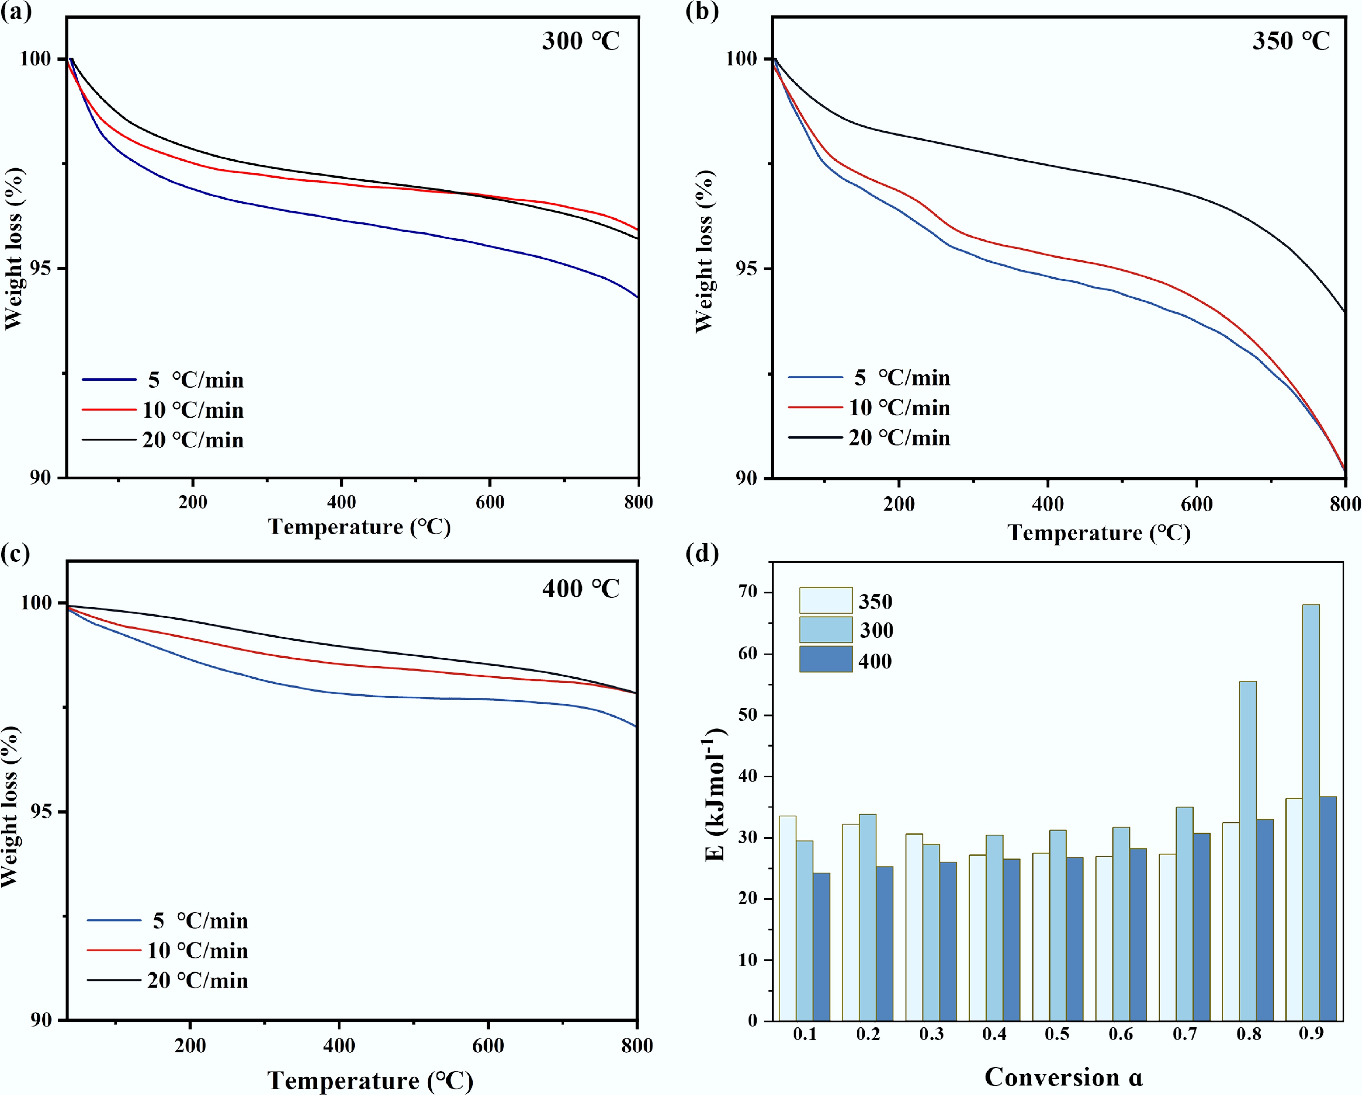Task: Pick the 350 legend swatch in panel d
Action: (x=826, y=600)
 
